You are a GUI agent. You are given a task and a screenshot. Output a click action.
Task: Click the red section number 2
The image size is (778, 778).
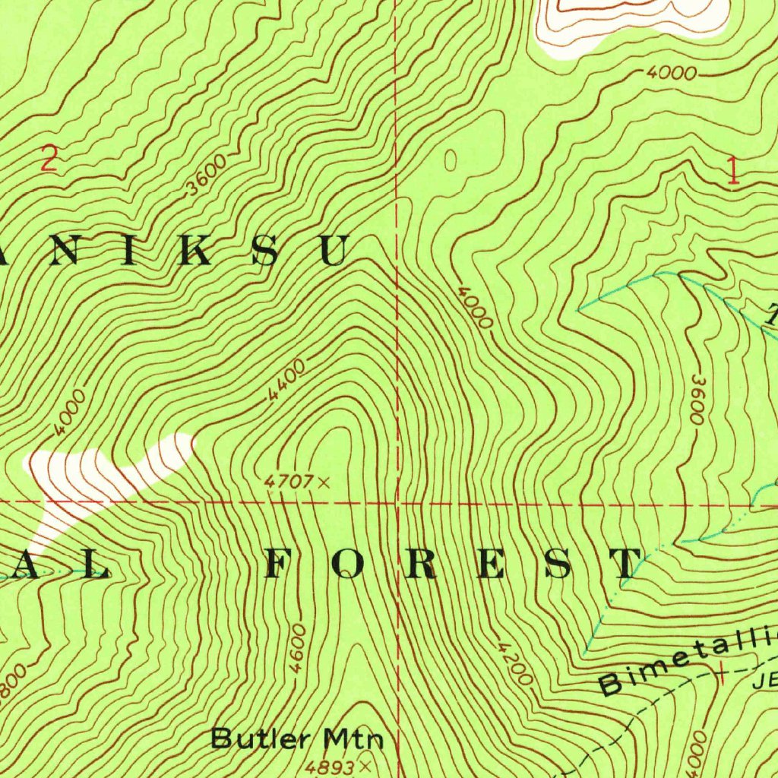49,160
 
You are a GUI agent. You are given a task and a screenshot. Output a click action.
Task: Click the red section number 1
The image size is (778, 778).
733,170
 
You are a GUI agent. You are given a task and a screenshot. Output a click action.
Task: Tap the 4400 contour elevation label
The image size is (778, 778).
286,381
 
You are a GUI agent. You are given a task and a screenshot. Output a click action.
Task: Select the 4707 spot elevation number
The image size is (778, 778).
289,481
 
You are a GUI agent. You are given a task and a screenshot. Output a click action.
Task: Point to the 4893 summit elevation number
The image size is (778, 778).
332,763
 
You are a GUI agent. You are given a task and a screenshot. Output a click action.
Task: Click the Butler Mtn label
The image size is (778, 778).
298,738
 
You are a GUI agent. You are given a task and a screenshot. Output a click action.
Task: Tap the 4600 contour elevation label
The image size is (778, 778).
299,648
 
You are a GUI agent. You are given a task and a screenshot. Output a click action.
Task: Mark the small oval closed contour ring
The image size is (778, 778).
450,160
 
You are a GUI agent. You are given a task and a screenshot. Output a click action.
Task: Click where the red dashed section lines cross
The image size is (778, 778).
397,502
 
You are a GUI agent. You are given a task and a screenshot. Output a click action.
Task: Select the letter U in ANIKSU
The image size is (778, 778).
334,251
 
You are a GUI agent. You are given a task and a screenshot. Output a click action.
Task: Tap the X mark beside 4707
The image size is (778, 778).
324,482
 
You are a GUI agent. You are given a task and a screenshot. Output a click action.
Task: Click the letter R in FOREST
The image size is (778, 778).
422,563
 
